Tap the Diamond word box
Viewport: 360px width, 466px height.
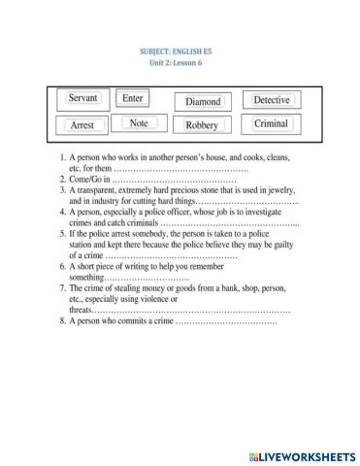tap(203, 101)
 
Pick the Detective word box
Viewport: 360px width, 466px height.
tap(271, 100)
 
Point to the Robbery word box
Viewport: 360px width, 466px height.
tap(202, 125)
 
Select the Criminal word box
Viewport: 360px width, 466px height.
tap(271, 124)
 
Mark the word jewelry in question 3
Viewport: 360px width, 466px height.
tap(277, 192)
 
